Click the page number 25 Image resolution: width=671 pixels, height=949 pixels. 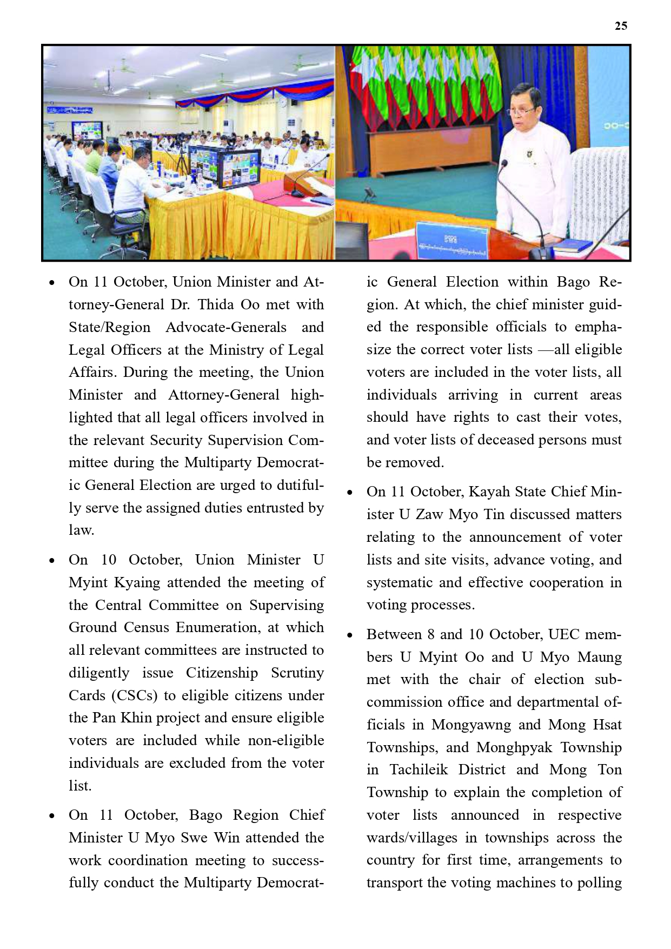[621, 26]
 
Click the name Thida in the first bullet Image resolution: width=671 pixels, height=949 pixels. [215, 304]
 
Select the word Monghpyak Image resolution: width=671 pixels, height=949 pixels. [514, 747]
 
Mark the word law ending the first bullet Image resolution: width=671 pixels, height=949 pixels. [81, 530]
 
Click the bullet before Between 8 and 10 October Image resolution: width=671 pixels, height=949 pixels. [350, 635]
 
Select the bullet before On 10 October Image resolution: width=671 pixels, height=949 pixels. [52, 560]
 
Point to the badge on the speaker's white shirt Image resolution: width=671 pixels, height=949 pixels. [529, 156]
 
